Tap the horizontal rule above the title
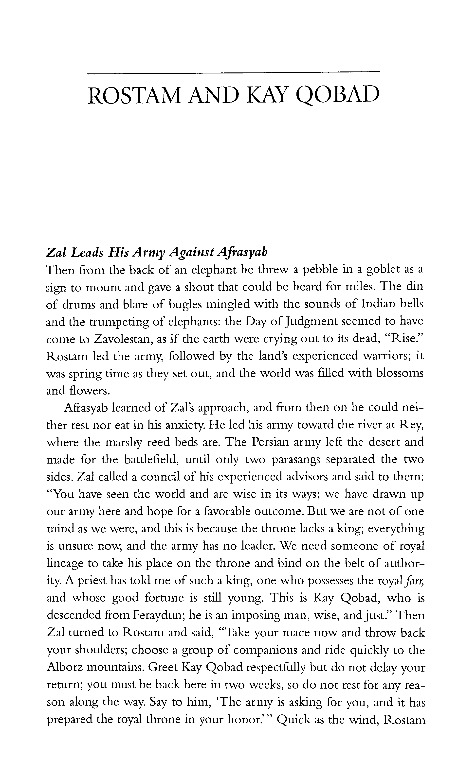pyautogui.click(x=234, y=73)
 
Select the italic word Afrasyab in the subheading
pyautogui.click(x=242, y=252)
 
